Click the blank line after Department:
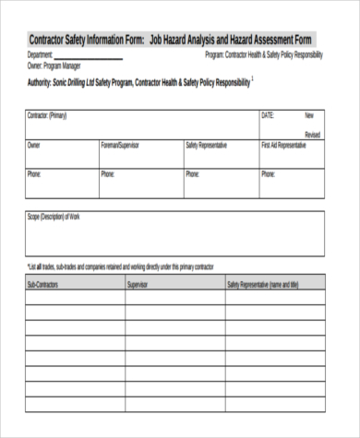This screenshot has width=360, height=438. pyautogui.click(x=89, y=56)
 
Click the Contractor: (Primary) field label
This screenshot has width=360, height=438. pyautogui.click(x=47, y=116)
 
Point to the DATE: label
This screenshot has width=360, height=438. pyautogui.click(x=269, y=116)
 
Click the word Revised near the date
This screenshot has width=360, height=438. pyautogui.click(x=312, y=135)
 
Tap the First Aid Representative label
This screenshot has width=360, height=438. pyautogui.click(x=283, y=145)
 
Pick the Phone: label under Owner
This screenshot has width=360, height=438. pyautogui.click(x=34, y=172)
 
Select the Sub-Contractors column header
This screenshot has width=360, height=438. pyautogui.click(x=43, y=285)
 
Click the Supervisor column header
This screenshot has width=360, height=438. pyautogui.click(x=138, y=285)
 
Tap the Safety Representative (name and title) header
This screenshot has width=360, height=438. pyautogui.click(x=263, y=285)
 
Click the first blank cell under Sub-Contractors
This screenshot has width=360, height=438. pyautogui.click(x=74, y=300)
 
